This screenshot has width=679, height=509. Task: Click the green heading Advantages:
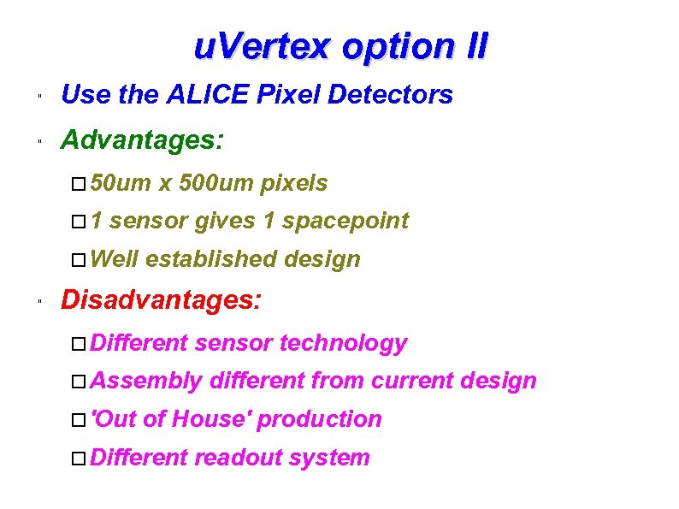pos(143,139)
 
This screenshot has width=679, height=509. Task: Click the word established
pos(214,258)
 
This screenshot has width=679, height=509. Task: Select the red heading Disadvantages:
pos(162,299)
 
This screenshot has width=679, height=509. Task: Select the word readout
pos(238,458)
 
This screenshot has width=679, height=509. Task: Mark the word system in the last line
pos(329,458)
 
